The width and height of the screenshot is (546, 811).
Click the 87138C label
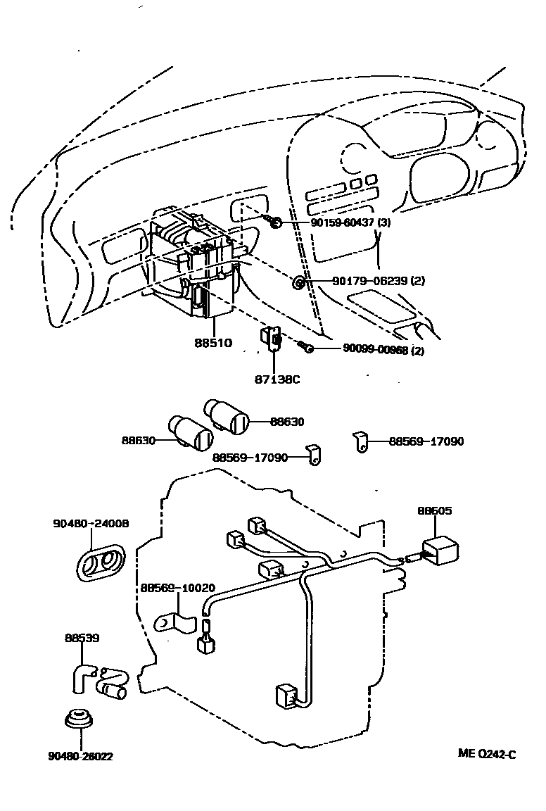click(277, 379)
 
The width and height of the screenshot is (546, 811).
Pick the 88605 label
click(434, 511)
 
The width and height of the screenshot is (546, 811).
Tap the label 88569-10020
click(177, 587)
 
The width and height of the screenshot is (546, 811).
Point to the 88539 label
click(82, 638)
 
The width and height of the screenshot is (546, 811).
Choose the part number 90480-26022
click(81, 756)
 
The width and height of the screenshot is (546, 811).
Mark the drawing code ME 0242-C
click(488, 754)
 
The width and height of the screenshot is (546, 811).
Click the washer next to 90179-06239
click(298, 283)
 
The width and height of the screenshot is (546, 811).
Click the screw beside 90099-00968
click(305, 347)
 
